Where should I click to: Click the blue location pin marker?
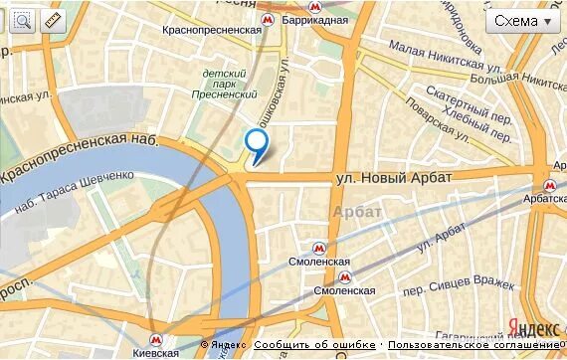click(x=258, y=145)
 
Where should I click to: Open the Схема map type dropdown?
click(x=522, y=21)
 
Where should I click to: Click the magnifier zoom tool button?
click(x=22, y=21)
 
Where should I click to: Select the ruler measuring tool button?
click(x=52, y=21)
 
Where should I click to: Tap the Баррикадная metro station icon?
click(x=266, y=20)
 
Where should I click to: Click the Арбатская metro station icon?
click(x=549, y=185)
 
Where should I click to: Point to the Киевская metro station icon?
click(x=156, y=338)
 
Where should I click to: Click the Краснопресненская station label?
click(x=212, y=30)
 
